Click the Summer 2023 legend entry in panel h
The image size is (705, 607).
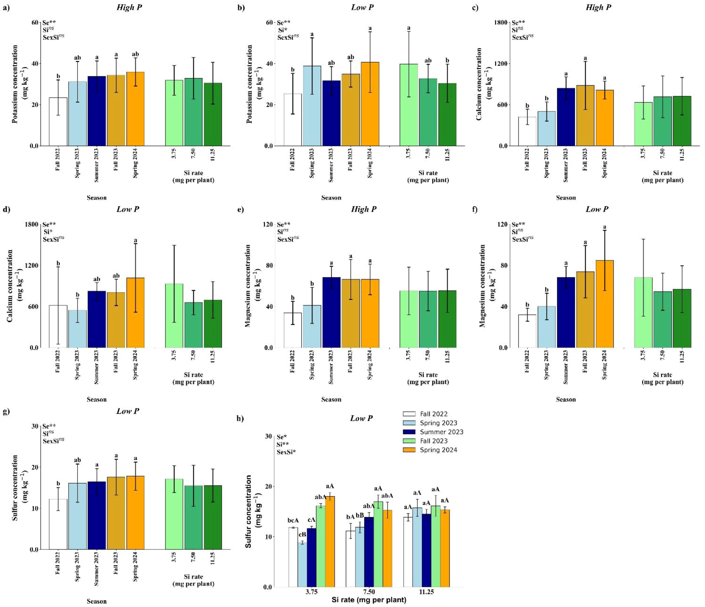[x=441, y=432]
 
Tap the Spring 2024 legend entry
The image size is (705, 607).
[x=438, y=450]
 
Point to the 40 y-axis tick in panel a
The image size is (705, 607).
[x=34, y=64]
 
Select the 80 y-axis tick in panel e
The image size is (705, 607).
[x=269, y=266]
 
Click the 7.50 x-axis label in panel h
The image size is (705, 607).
[x=369, y=592]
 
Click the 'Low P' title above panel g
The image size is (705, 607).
[x=127, y=411]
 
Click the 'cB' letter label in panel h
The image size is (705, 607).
[x=302, y=535]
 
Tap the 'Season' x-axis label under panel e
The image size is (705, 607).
[x=331, y=399]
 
